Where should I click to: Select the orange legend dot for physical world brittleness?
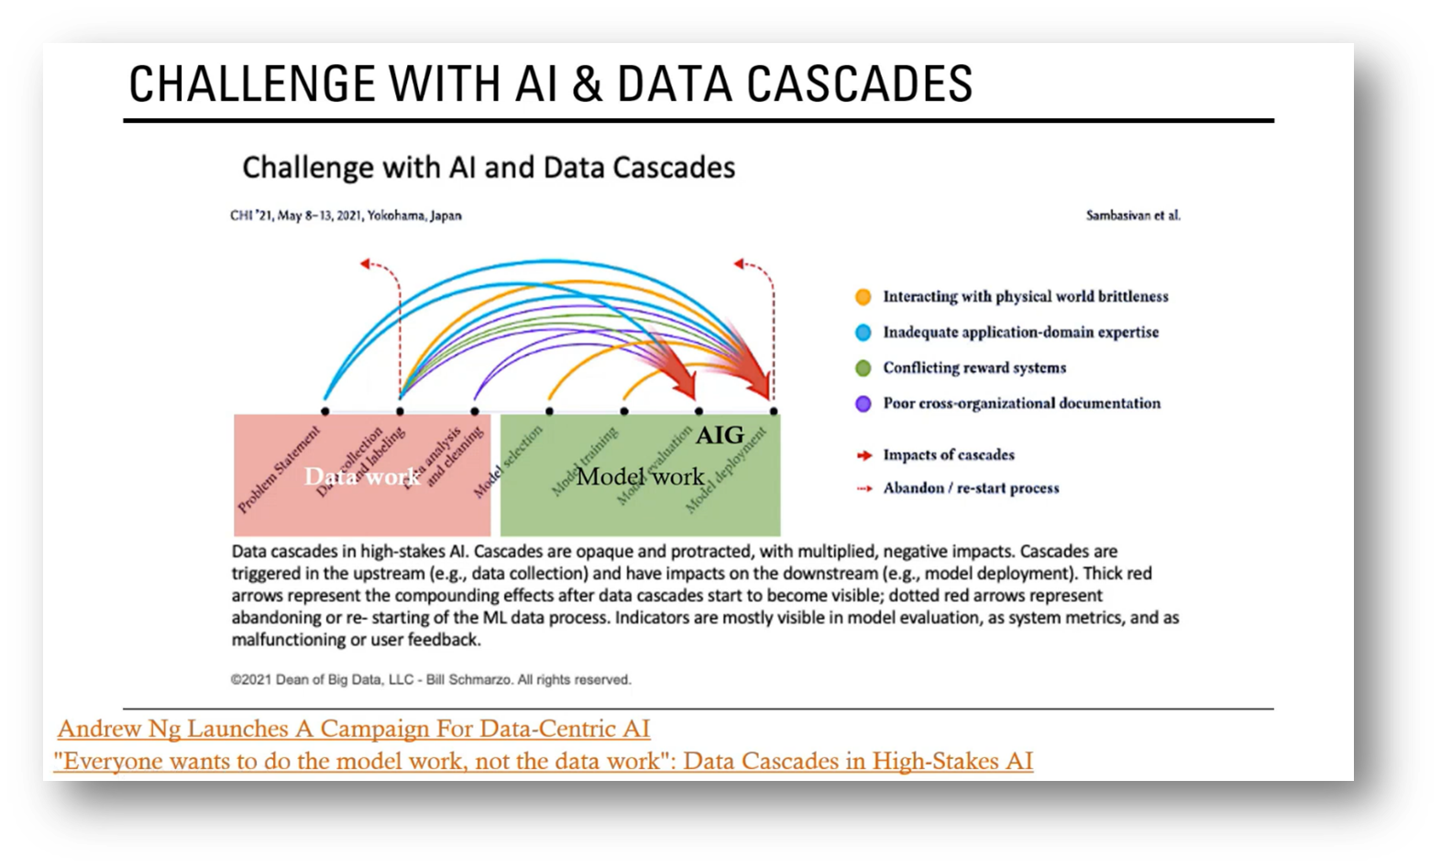pyautogui.click(x=863, y=297)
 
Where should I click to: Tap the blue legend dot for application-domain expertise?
pyautogui.click(x=863, y=333)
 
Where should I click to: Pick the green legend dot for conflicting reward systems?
pyautogui.click(x=863, y=368)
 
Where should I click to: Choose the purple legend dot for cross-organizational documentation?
pyautogui.click(x=863, y=404)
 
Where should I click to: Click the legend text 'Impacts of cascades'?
pyautogui.click(x=948, y=455)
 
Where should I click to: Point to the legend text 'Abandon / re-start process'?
pyautogui.click(x=970, y=489)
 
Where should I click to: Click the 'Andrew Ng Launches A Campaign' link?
pyautogui.click(x=354, y=729)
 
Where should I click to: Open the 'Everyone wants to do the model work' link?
pyautogui.click(x=544, y=761)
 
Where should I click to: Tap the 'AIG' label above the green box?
pyautogui.click(x=720, y=435)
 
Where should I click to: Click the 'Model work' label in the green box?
pyautogui.click(x=640, y=477)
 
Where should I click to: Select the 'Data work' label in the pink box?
pyautogui.click(x=362, y=477)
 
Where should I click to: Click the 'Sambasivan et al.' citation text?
pyautogui.click(x=1133, y=216)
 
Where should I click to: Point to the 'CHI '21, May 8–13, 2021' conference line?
pyautogui.click(x=346, y=216)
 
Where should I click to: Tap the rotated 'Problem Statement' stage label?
pyautogui.click(x=279, y=469)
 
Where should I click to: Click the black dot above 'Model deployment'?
pyautogui.click(x=774, y=412)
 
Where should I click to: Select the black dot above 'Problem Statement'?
pyautogui.click(x=325, y=412)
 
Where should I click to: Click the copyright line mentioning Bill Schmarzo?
pyautogui.click(x=431, y=680)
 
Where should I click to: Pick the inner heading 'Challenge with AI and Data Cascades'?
pyautogui.click(x=489, y=168)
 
